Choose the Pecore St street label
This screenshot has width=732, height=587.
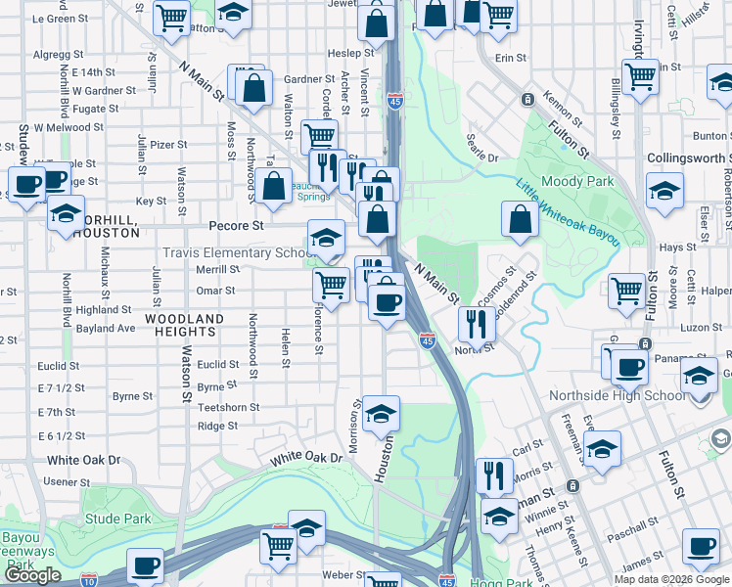[239, 225]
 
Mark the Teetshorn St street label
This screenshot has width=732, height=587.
[228, 407]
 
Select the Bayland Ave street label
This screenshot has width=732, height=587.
[106, 329]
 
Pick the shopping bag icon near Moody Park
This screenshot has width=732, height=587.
[521, 220]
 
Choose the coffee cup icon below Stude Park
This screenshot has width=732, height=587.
[145, 564]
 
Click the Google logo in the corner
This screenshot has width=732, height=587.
[32, 575]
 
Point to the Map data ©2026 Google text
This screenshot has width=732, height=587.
[671, 579]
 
